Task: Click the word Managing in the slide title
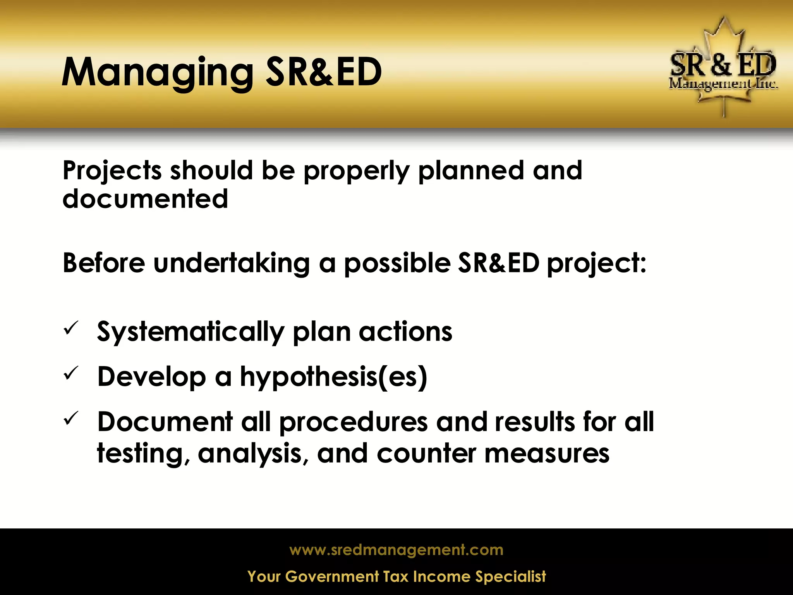(x=157, y=73)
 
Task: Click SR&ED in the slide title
(x=324, y=72)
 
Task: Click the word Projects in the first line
(x=112, y=171)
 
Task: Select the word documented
(x=145, y=199)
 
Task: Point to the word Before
(x=104, y=263)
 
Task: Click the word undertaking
(x=232, y=263)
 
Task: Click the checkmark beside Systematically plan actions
(x=71, y=328)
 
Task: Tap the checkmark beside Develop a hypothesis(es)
(x=71, y=373)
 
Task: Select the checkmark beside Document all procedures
(x=71, y=418)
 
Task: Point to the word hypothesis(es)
(x=333, y=377)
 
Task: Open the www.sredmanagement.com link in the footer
(x=396, y=550)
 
